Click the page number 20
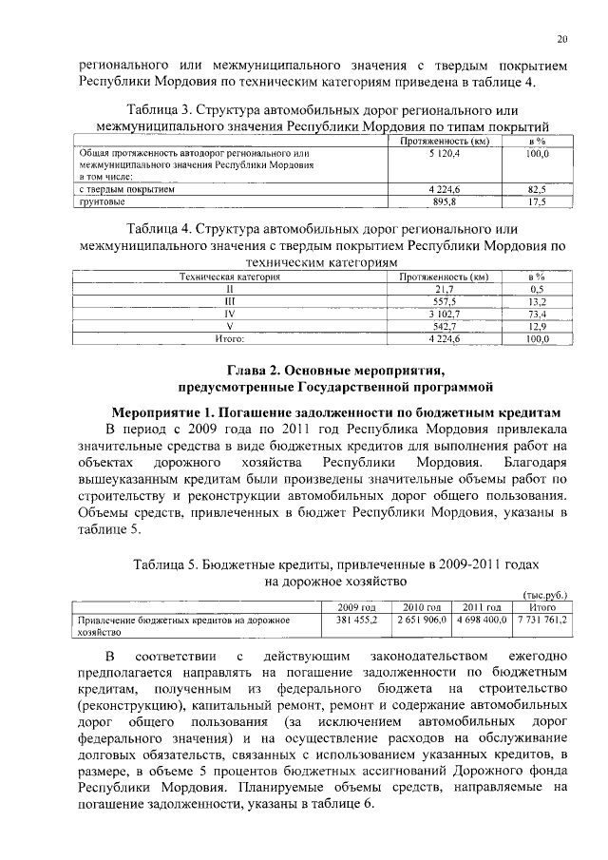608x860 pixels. point(561,39)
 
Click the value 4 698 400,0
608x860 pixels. point(481,620)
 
